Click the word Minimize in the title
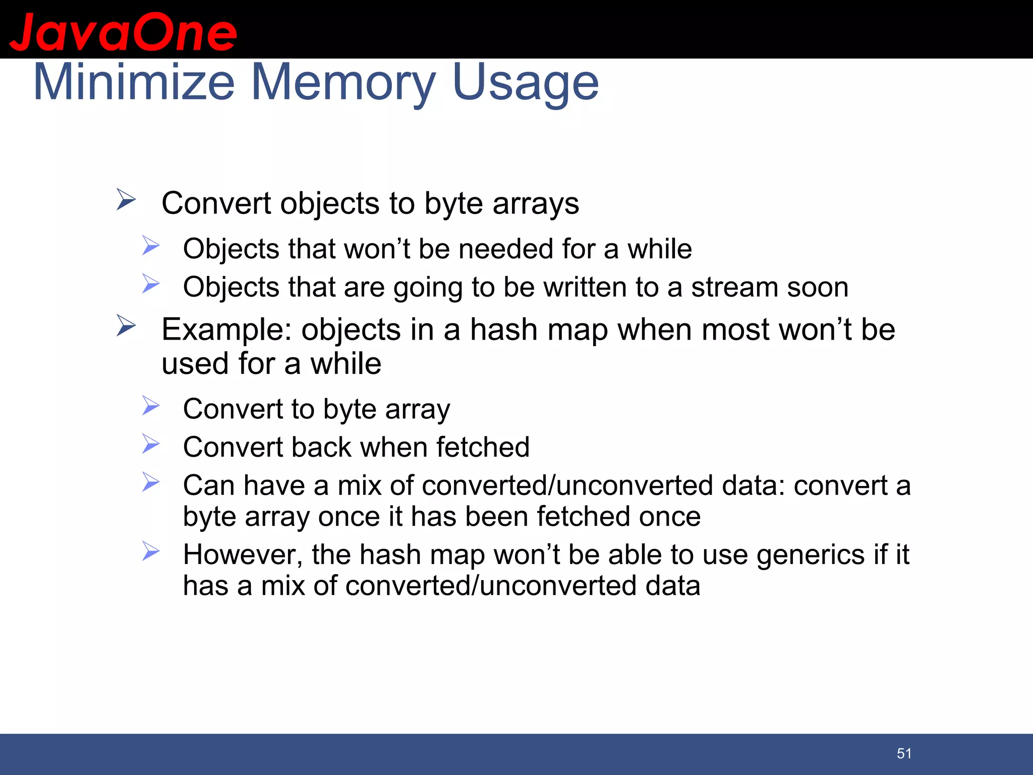click(134, 82)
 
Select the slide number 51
click(904, 753)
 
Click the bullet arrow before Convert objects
click(126, 199)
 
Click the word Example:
click(226, 330)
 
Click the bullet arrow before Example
click(126, 325)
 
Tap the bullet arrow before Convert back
click(150, 444)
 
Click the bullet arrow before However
click(150, 551)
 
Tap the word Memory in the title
click(343, 82)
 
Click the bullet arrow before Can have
click(150, 482)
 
